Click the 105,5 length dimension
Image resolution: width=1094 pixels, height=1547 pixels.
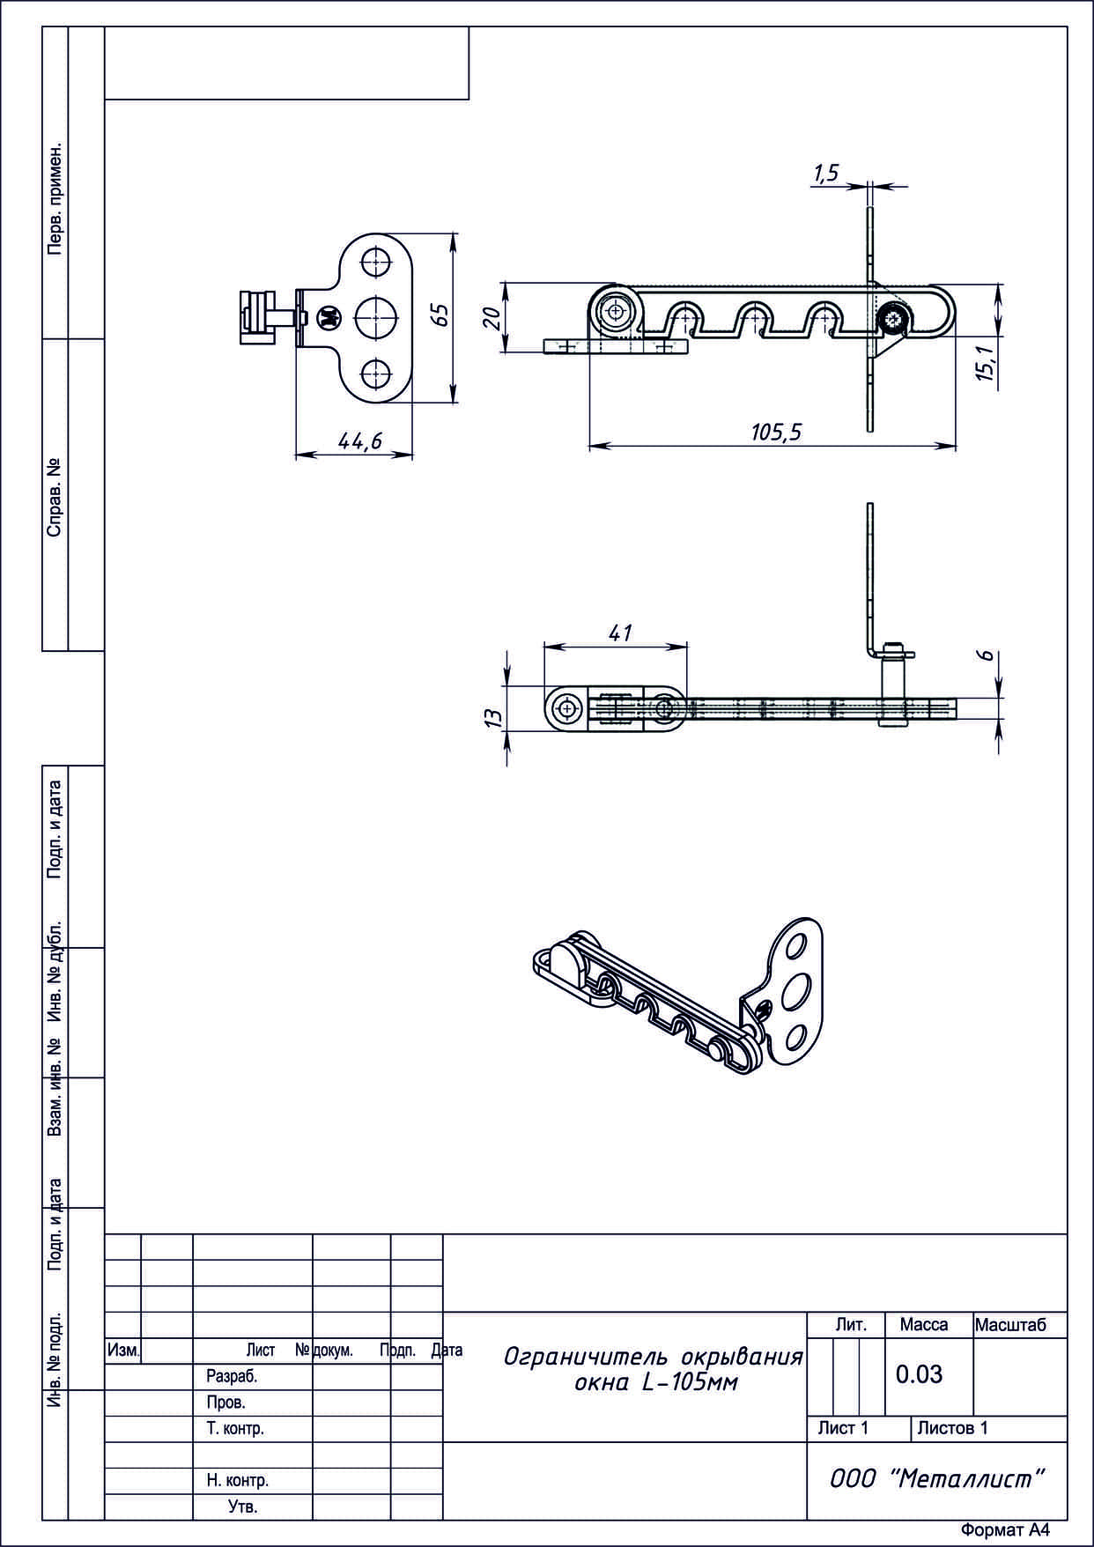(x=775, y=432)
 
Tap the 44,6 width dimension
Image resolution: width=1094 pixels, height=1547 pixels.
(x=360, y=440)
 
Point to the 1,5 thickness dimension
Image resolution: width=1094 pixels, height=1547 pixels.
(x=826, y=174)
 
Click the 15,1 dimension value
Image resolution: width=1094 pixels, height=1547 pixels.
(x=984, y=362)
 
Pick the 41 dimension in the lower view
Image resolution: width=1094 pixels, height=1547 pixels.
(x=620, y=633)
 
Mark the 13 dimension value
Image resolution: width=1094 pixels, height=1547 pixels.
(x=495, y=717)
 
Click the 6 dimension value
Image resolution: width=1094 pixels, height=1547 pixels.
(x=987, y=655)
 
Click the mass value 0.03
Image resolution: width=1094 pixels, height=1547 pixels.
(x=919, y=1373)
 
